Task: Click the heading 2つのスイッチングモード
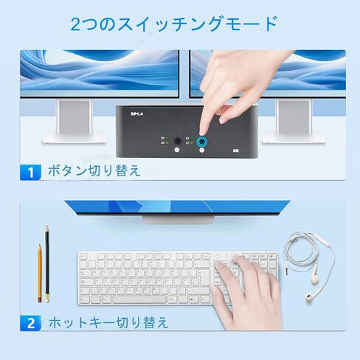coord(175,24)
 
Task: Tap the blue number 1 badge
coord(30,173)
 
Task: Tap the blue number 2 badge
coord(30,322)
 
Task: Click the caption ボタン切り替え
coord(93,172)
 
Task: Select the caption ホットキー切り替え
coord(108,322)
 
